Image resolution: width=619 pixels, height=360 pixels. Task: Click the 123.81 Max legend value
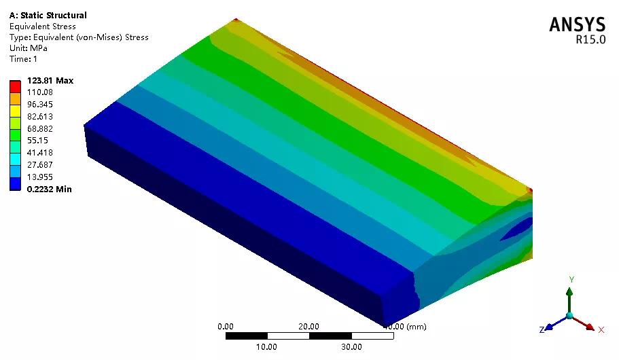(50, 81)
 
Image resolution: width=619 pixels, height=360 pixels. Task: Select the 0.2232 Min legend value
(50, 189)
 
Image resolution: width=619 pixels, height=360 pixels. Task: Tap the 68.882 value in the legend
(40, 128)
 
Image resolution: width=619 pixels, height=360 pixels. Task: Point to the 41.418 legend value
(40, 153)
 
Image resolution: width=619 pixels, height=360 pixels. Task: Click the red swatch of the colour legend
(15, 86)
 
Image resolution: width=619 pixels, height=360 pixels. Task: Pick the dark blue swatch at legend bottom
(15, 184)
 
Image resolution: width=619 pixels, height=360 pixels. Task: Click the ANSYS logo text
(577, 24)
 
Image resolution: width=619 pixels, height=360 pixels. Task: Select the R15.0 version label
(590, 39)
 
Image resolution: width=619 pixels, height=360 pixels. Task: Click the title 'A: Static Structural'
(48, 16)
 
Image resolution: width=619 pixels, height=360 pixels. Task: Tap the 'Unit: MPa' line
(29, 48)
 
